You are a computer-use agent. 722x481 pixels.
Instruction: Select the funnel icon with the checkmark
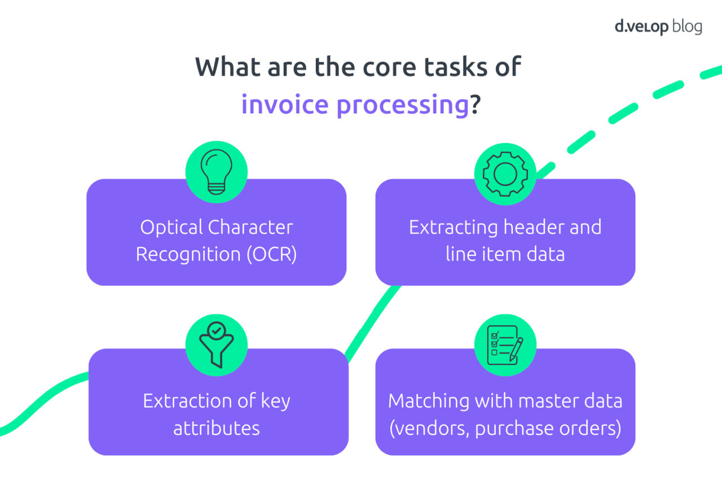click(x=216, y=345)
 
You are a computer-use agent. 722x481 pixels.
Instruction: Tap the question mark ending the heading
click(x=475, y=104)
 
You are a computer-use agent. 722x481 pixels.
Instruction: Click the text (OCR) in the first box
click(x=271, y=254)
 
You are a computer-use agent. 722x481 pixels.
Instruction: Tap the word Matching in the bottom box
click(x=421, y=401)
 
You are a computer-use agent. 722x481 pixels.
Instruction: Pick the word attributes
click(x=217, y=428)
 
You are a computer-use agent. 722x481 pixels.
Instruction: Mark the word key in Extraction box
click(x=275, y=401)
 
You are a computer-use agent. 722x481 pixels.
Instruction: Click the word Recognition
click(x=188, y=254)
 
